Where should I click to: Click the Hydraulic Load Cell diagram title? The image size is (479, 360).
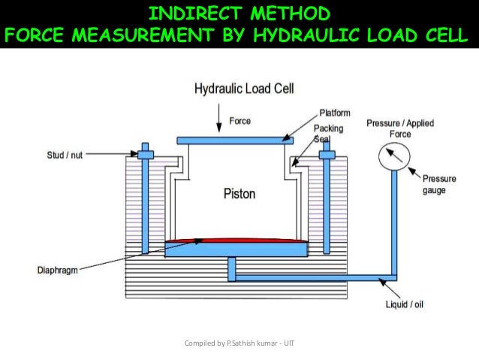point(244,89)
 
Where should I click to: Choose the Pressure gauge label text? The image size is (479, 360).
point(435,184)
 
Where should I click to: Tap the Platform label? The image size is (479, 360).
point(336,113)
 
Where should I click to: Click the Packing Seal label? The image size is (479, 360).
point(328,133)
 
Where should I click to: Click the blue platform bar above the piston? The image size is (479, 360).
point(234,140)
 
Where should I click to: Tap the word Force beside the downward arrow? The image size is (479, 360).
point(240,120)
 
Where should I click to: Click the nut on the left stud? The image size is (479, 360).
point(145,155)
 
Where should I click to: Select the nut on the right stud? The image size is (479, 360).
point(327,155)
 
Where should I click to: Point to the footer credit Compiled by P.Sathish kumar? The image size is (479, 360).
point(239,343)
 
